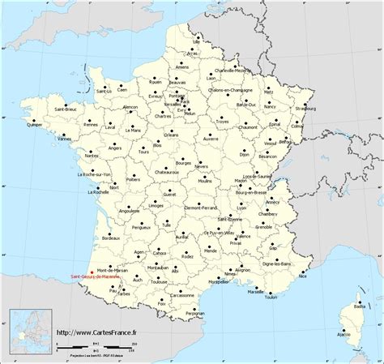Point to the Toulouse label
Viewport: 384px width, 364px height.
coord(159,282)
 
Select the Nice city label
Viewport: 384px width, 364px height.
coord(303,276)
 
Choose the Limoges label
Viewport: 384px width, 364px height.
coord(147,207)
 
